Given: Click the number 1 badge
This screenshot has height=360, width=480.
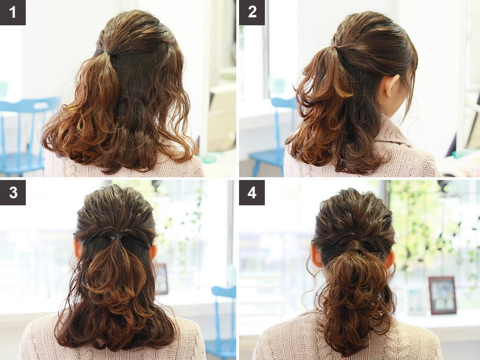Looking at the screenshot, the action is pos(13,12).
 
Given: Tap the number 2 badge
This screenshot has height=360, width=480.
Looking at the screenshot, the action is pos(252,12).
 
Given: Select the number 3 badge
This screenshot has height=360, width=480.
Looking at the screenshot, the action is pos(13,193).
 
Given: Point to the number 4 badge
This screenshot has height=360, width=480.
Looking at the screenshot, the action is pos(252,193).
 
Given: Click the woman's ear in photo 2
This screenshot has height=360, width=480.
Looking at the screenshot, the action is pos(391,86).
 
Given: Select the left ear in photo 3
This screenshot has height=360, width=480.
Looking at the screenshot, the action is pos(78,248).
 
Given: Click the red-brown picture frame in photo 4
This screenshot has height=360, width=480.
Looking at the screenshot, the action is pos(442,295).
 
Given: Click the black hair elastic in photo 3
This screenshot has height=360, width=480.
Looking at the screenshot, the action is pos(115,237).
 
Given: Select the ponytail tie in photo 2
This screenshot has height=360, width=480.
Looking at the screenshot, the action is pos(337,47).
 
